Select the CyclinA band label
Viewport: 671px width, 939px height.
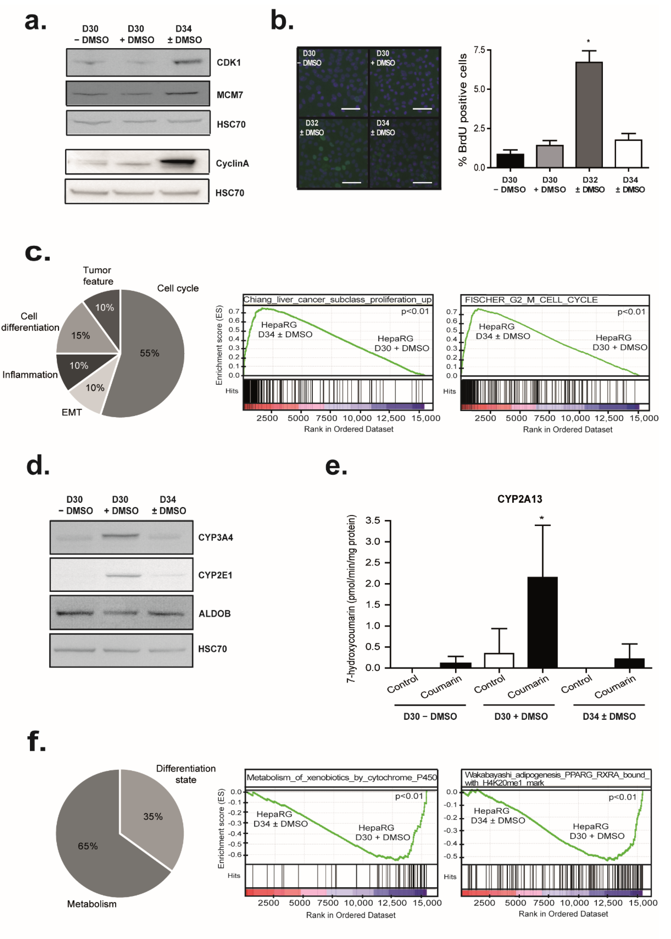[232, 163]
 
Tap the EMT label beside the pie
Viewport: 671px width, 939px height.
[72, 412]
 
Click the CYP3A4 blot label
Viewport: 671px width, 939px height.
[215, 537]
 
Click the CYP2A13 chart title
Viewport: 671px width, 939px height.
[519, 499]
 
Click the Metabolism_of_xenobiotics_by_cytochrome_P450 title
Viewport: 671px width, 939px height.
[341, 778]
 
